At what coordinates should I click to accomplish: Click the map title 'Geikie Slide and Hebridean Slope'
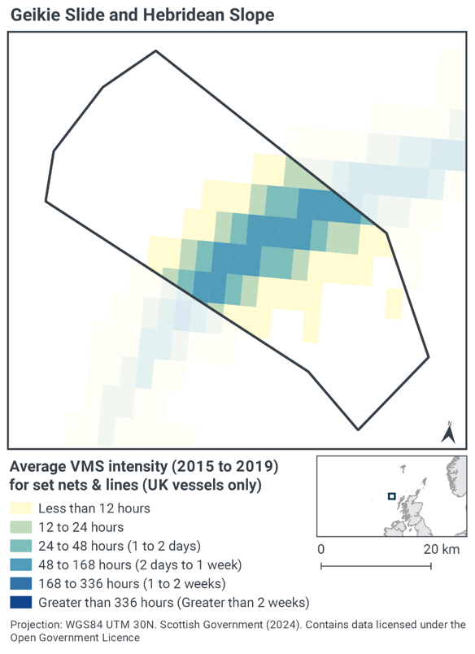coord(142,15)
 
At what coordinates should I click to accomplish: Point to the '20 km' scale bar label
coord(442,549)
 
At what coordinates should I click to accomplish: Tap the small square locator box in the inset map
coord(391,495)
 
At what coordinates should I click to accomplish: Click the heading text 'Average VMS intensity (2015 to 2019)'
coord(143,468)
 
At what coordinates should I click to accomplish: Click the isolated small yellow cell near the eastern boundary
coord(393,303)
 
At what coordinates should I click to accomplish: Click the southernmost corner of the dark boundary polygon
coord(358,429)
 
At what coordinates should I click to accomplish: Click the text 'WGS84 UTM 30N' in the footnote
coord(108,625)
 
